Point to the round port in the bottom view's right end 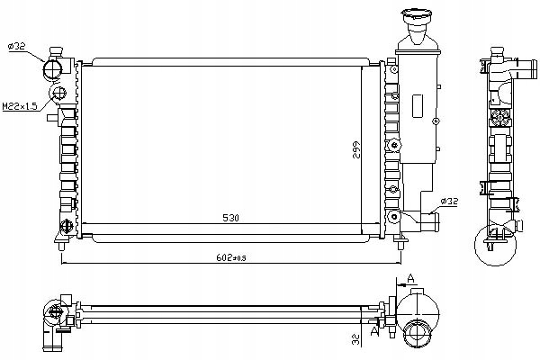point(418,335)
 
